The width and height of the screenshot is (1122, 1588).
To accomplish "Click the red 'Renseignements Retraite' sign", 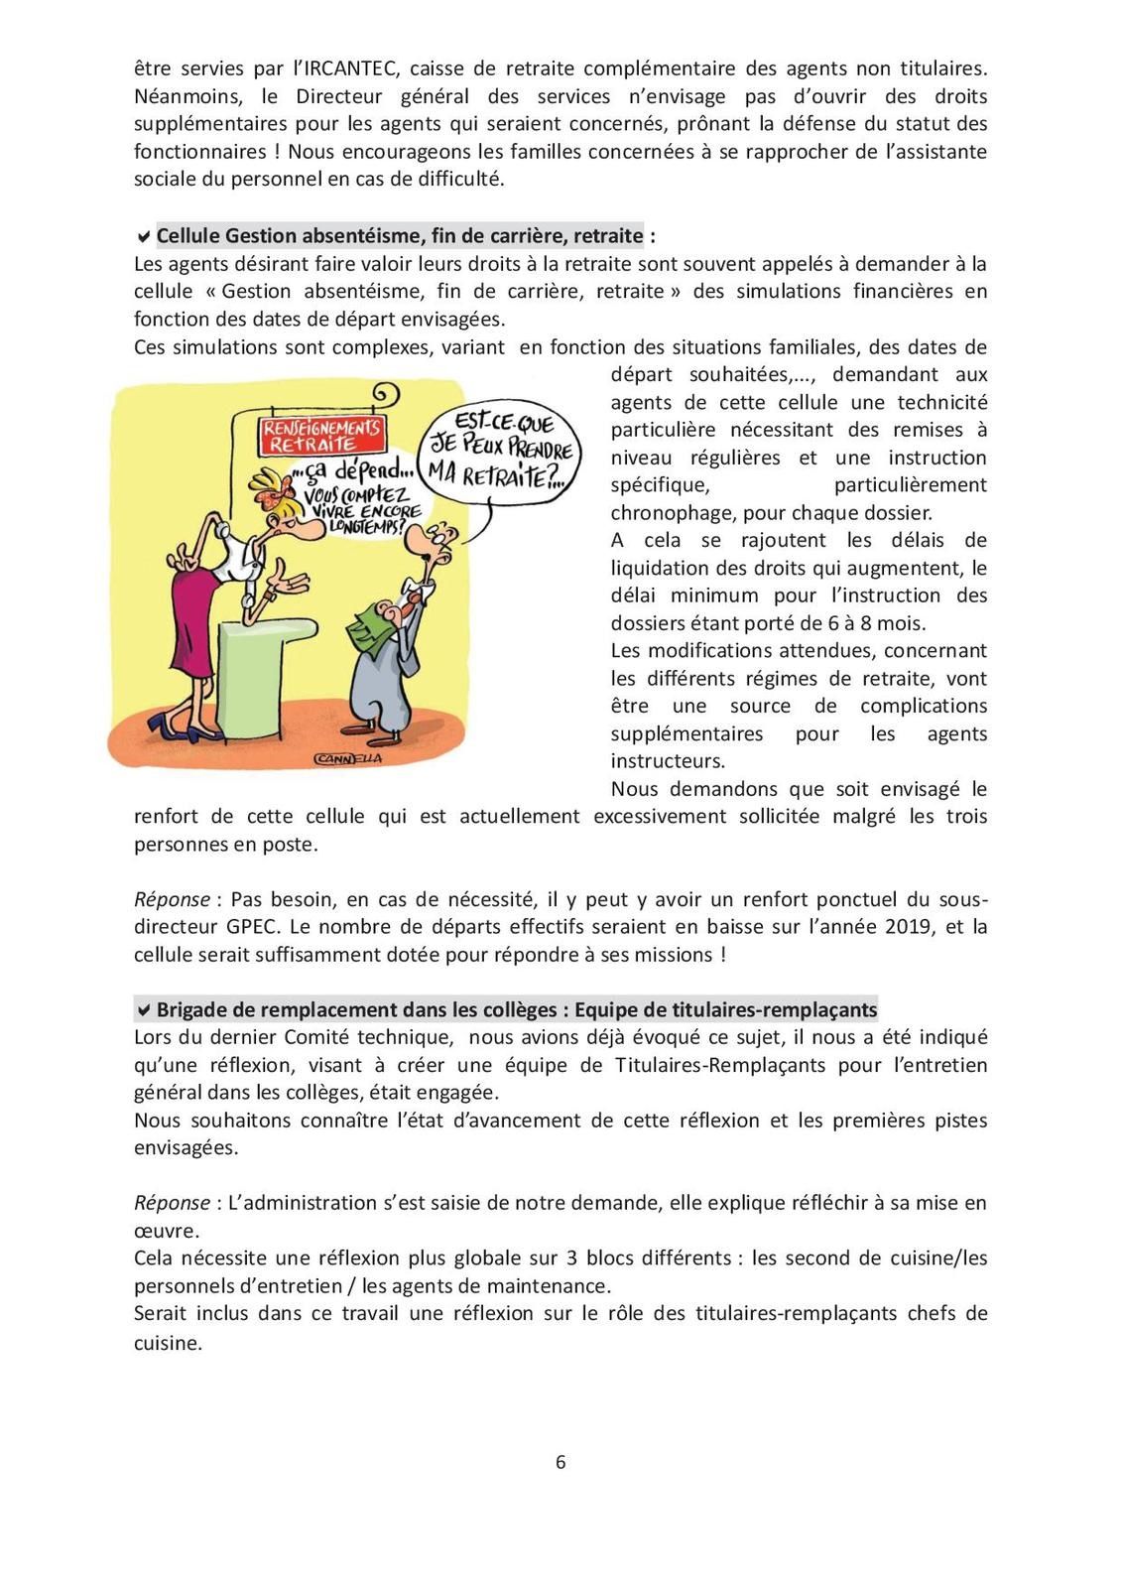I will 319,434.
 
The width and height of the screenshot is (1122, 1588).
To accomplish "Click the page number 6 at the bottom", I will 561,1462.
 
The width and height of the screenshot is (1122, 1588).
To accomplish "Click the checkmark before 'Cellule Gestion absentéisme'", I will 144,236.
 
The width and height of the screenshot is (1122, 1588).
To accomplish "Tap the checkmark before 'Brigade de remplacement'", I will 144,1010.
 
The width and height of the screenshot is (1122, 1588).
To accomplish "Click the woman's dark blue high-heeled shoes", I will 198,734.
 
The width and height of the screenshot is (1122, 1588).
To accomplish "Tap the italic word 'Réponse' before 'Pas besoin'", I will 172,899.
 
